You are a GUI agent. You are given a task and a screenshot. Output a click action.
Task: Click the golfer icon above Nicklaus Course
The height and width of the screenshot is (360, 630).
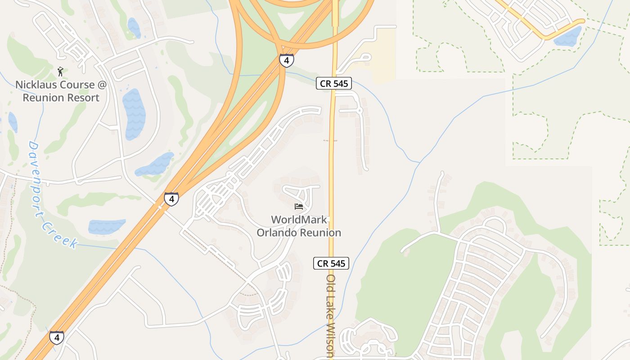60,71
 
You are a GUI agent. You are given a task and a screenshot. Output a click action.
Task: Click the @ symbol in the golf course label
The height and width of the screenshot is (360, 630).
101,85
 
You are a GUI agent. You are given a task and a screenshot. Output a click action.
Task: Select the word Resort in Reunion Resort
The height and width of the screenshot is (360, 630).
83,97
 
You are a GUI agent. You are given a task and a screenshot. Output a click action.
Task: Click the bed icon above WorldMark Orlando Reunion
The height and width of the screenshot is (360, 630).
299,207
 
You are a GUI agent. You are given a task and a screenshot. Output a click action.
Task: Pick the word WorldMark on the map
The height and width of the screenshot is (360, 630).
299,220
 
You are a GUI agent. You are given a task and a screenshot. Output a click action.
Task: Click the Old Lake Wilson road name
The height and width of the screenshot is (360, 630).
331,315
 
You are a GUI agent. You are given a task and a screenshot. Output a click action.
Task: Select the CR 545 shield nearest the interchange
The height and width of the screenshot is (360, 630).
333,83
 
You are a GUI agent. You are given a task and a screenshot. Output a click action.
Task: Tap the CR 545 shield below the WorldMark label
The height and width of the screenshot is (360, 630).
331,263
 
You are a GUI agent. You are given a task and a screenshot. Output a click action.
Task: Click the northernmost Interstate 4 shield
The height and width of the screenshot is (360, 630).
287,60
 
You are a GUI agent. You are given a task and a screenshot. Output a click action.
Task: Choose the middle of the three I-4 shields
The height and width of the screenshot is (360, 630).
171,198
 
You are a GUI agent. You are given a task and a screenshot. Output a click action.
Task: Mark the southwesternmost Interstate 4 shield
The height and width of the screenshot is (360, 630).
56,337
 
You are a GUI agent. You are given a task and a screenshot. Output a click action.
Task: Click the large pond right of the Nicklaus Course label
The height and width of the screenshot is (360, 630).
134,114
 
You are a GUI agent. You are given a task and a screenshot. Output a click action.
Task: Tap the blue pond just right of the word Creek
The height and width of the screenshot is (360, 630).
107,226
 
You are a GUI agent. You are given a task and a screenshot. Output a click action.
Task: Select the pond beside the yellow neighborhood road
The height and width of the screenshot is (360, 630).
568,36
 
